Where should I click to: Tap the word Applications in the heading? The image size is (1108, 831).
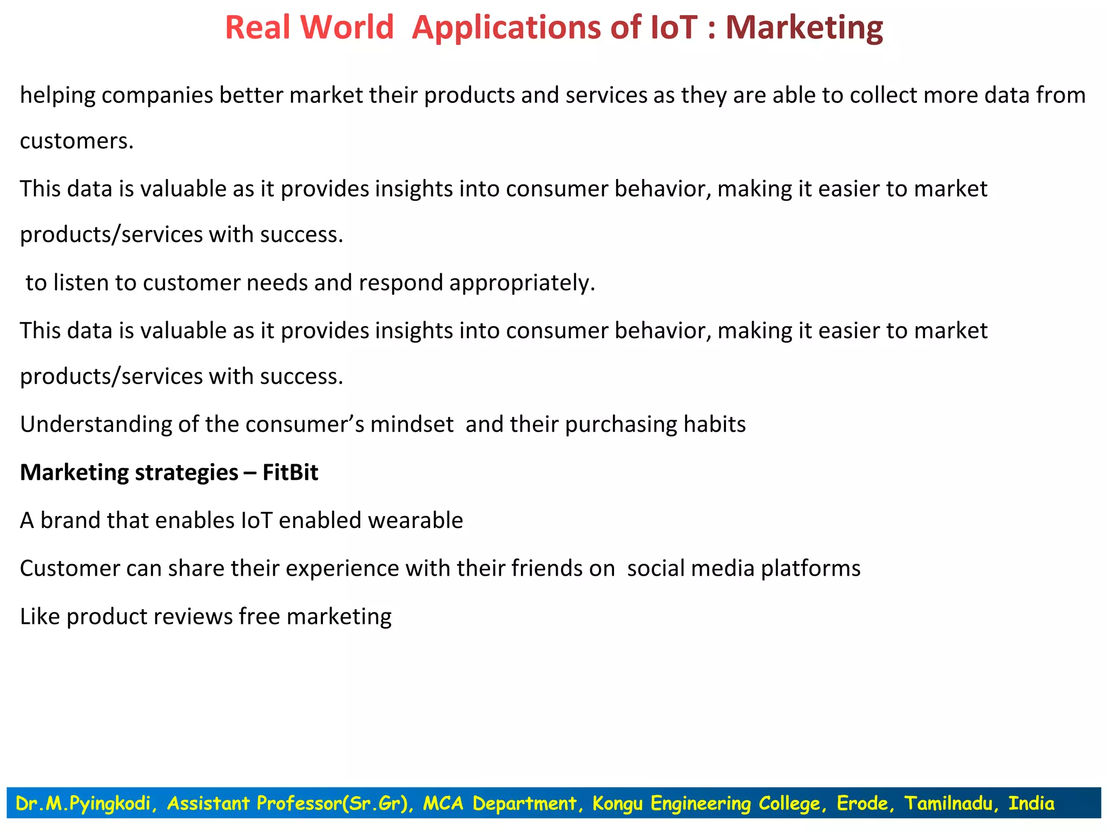[x=506, y=28]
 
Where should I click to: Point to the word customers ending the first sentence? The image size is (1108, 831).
[x=76, y=141]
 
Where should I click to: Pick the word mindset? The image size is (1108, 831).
[x=412, y=425]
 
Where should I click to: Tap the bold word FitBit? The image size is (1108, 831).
[x=291, y=472]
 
